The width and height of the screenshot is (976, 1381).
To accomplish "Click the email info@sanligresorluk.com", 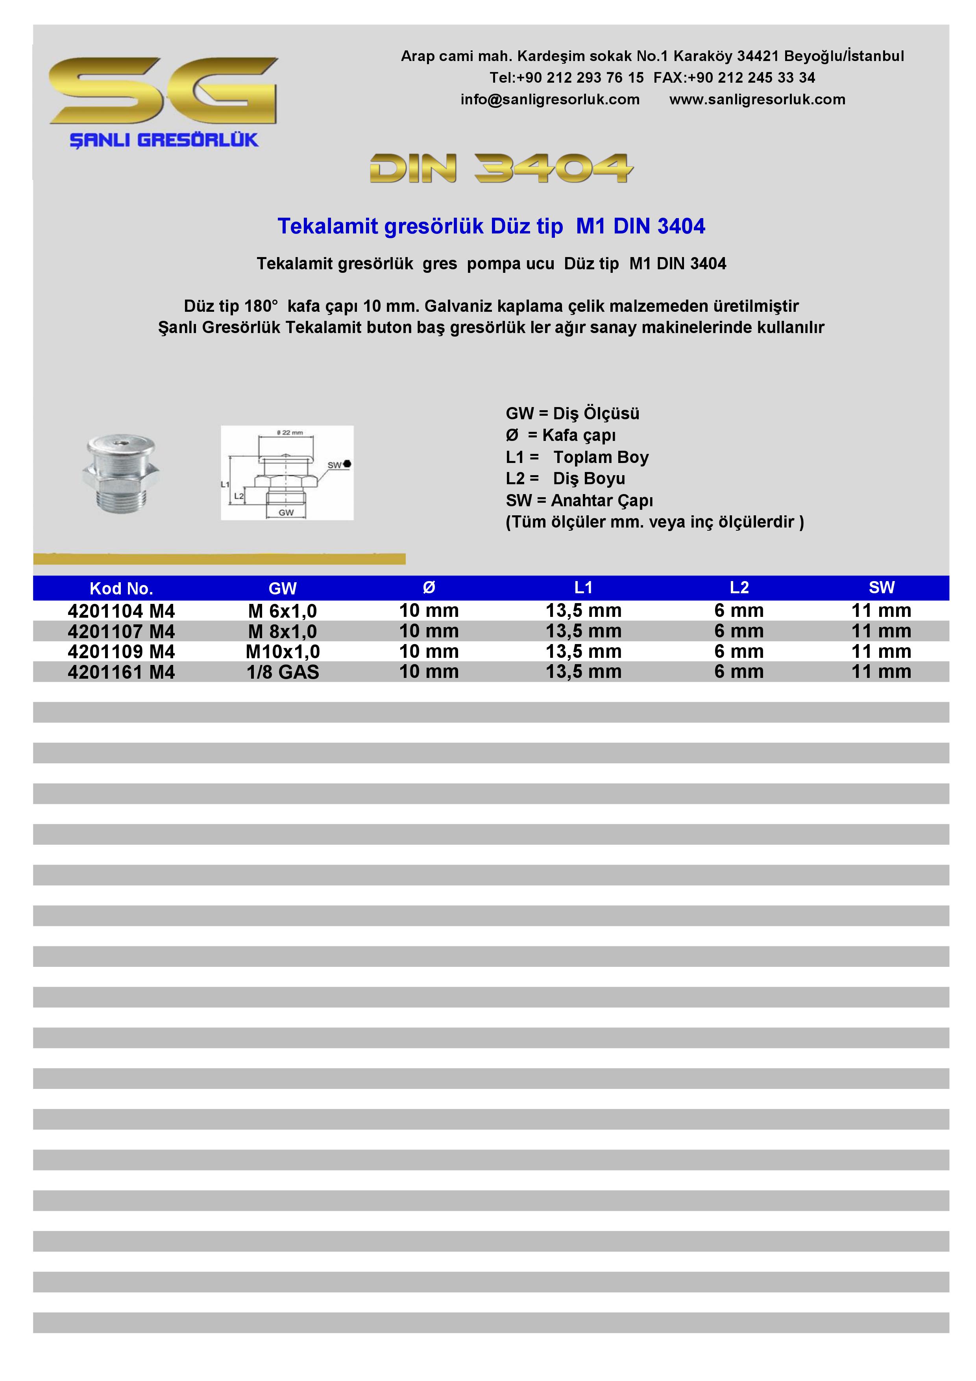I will click(550, 100).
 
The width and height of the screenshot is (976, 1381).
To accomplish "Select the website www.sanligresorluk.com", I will click(757, 100).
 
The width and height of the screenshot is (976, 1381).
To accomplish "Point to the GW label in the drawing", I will click(286, 513).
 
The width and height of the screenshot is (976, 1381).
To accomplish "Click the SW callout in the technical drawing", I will click(335, 465).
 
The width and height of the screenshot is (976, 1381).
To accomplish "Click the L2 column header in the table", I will click(739, 588).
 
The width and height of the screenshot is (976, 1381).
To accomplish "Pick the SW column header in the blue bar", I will click(881, 588).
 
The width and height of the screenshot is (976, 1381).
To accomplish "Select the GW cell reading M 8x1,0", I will click(282, 631).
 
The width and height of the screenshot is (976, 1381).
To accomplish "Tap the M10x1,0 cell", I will click(282, 652).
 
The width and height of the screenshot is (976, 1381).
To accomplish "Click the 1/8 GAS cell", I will click(282, 672).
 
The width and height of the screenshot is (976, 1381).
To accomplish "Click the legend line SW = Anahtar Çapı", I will click(579, 500).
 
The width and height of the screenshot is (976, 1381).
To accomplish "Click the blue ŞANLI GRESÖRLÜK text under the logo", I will click(164, 140).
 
